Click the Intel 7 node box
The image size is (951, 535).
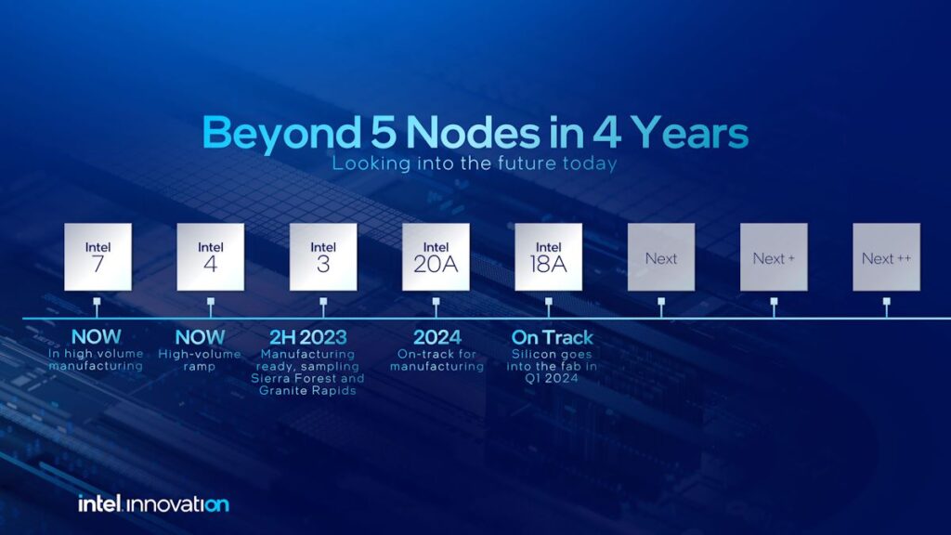98,256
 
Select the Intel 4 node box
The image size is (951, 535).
211,256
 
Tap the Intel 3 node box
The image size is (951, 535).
323,256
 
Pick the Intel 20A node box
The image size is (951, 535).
436,256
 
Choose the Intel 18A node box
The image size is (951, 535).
549,256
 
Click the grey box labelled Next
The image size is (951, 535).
661,257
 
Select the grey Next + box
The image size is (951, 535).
774,257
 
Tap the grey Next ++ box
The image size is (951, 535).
886,257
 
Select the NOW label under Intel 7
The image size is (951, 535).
98,337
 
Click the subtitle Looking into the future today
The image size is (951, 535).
475,164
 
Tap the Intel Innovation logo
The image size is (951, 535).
153,504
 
